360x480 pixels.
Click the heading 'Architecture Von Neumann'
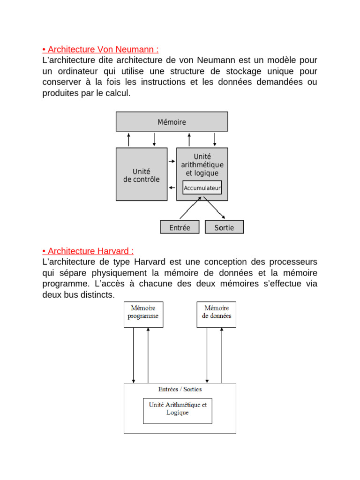pos(103,50)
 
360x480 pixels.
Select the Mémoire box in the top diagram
pos(172,122)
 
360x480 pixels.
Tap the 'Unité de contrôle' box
pos(141,175)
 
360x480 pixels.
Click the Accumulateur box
pos(202,188)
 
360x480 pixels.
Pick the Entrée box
pos(180,227)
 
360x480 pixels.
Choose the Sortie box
pos(224,227)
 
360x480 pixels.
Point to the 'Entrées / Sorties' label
pos(180,389)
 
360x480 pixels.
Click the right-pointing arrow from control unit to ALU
pos(172,162)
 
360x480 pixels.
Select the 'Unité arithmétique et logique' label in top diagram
pos(202,165)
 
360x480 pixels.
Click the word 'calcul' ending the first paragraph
pos(120,93)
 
